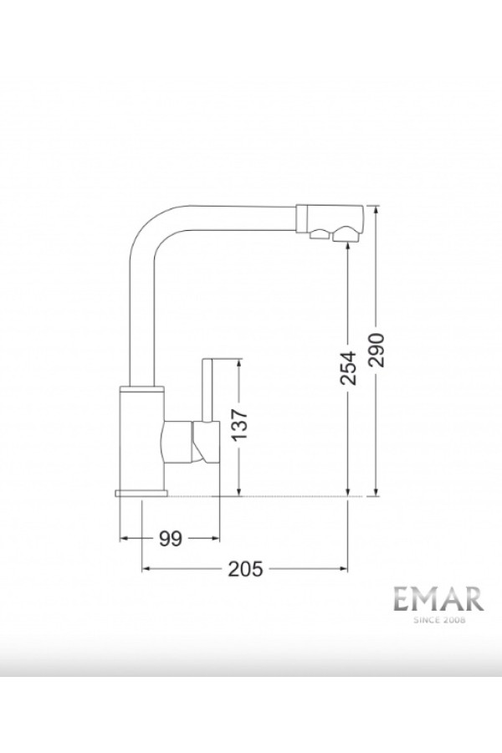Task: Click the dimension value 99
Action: [x=170, y=539]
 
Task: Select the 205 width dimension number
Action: [x=244, y=570]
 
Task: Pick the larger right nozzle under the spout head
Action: [x=344, y=237]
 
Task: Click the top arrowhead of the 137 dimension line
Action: [x=240, y=362]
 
